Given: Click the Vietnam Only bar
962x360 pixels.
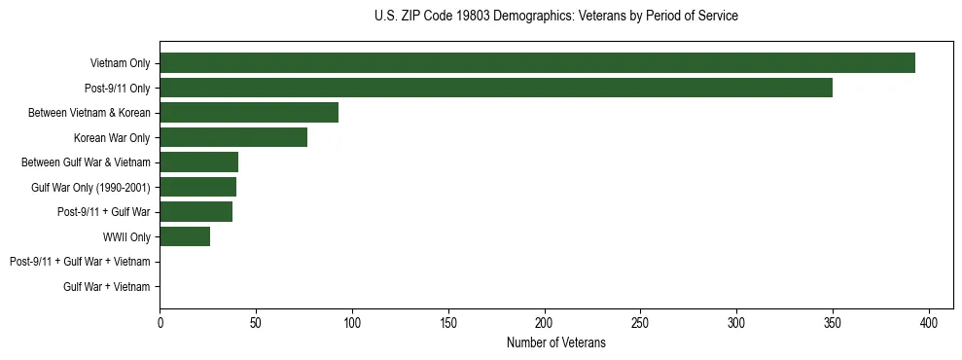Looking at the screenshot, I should click(537, 63).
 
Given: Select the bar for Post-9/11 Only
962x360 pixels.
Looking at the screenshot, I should click(496, 88).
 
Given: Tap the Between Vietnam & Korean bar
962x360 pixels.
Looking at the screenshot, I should click(249, 113).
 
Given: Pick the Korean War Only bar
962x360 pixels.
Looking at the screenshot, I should click(233, 137).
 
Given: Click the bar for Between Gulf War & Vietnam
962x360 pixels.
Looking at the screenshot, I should click(198, 162).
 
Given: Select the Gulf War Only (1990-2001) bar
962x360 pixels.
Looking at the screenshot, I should click(197, 187).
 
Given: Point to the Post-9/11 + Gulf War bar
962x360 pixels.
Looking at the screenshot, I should click(196, 212).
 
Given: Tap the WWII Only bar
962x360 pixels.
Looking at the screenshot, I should click(185, 236).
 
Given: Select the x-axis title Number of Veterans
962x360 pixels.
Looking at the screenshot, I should click(555, 342).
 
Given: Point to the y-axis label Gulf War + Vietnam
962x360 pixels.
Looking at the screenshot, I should click(106, 287).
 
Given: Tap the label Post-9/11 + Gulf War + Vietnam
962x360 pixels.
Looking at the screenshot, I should click(80, 262).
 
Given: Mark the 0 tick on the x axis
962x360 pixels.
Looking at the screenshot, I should click(160, 323).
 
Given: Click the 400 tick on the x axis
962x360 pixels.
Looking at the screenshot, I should click(929, 323).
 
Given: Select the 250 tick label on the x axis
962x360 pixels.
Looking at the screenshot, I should click(640, 323).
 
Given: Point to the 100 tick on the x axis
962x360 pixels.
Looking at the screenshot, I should click(352, 323).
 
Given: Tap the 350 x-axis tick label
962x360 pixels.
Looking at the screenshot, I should click(833, 323).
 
